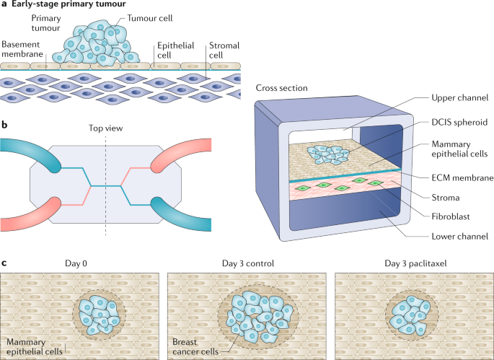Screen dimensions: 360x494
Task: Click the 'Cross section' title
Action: (x=283, y=88)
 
